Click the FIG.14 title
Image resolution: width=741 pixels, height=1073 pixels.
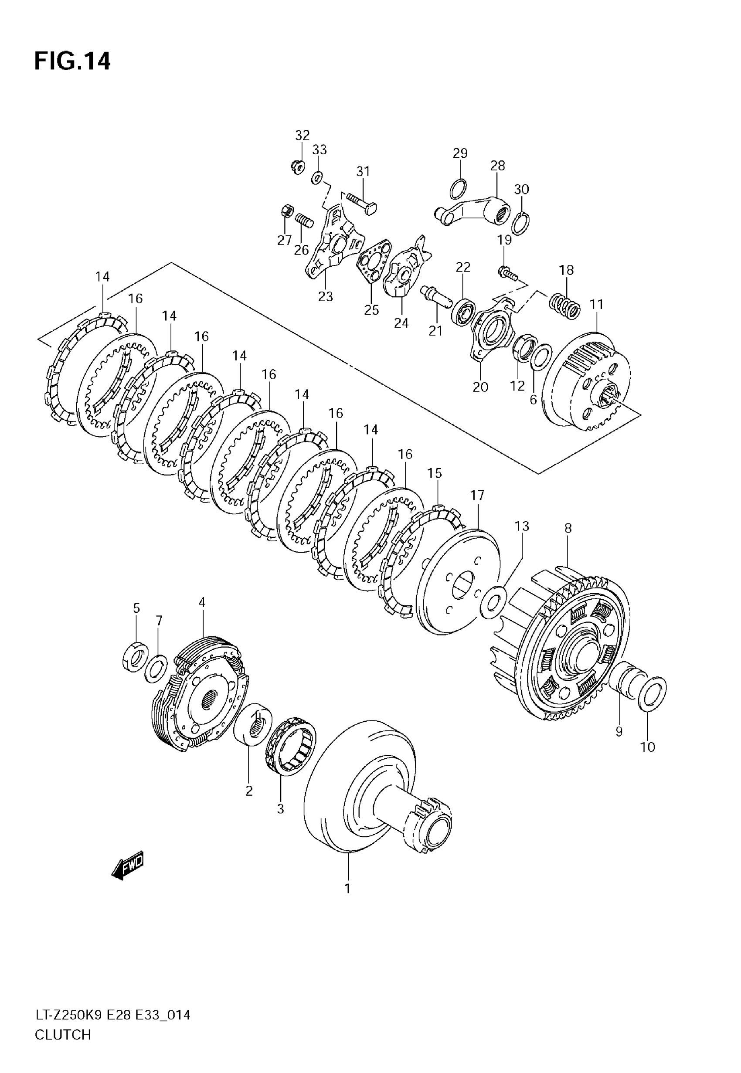click(72, 61)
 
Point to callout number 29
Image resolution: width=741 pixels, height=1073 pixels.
click(460, 153)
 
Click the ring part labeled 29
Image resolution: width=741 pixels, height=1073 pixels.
click(459, 188)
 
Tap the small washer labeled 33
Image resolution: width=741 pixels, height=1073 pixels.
click(318, 177)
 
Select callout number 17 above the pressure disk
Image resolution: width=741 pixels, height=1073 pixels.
click(477, 495)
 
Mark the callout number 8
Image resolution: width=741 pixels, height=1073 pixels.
click(568, 528)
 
